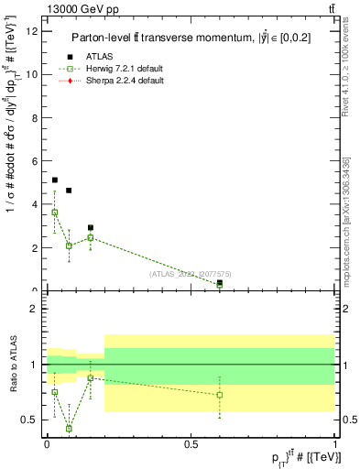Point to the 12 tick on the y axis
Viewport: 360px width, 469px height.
tap(36, 31)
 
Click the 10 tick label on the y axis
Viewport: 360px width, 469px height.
tap(36, 74)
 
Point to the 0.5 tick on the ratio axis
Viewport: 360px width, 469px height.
tap(33, 420)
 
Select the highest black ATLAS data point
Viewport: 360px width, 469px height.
tap(55, 180)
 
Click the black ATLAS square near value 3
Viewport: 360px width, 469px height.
tap(90, 227)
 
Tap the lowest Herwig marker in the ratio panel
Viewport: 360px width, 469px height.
tap(69, 428)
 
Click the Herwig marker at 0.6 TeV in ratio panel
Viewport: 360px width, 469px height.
tap(220, 395)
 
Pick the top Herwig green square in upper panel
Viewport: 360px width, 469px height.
tap(55, 213)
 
